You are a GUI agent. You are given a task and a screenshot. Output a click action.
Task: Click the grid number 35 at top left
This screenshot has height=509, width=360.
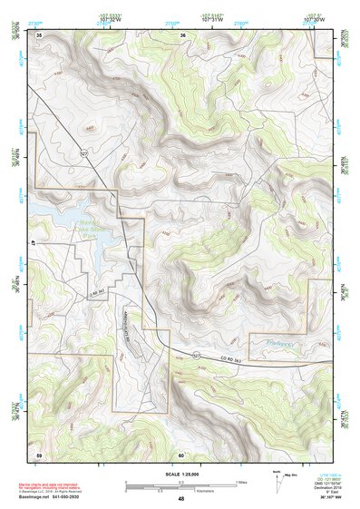[x=39, y=35]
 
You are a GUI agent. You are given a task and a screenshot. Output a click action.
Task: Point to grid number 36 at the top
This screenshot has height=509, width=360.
[x=182, y=35]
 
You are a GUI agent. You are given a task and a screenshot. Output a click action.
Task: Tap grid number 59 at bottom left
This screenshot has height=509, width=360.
[x=39, y=453]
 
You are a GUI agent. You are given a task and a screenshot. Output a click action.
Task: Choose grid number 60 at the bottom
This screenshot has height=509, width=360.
[x=181, y=454]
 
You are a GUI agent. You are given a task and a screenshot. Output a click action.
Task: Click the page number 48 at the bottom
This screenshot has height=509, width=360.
[x=181, y=498]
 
